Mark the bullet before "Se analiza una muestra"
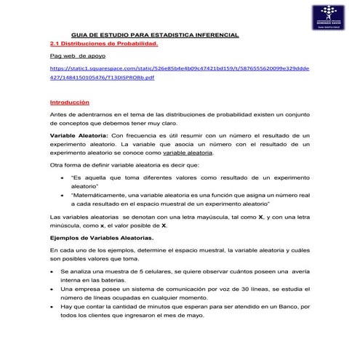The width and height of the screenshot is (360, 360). point(52,271)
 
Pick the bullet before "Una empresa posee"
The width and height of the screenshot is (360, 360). point(52,289)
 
